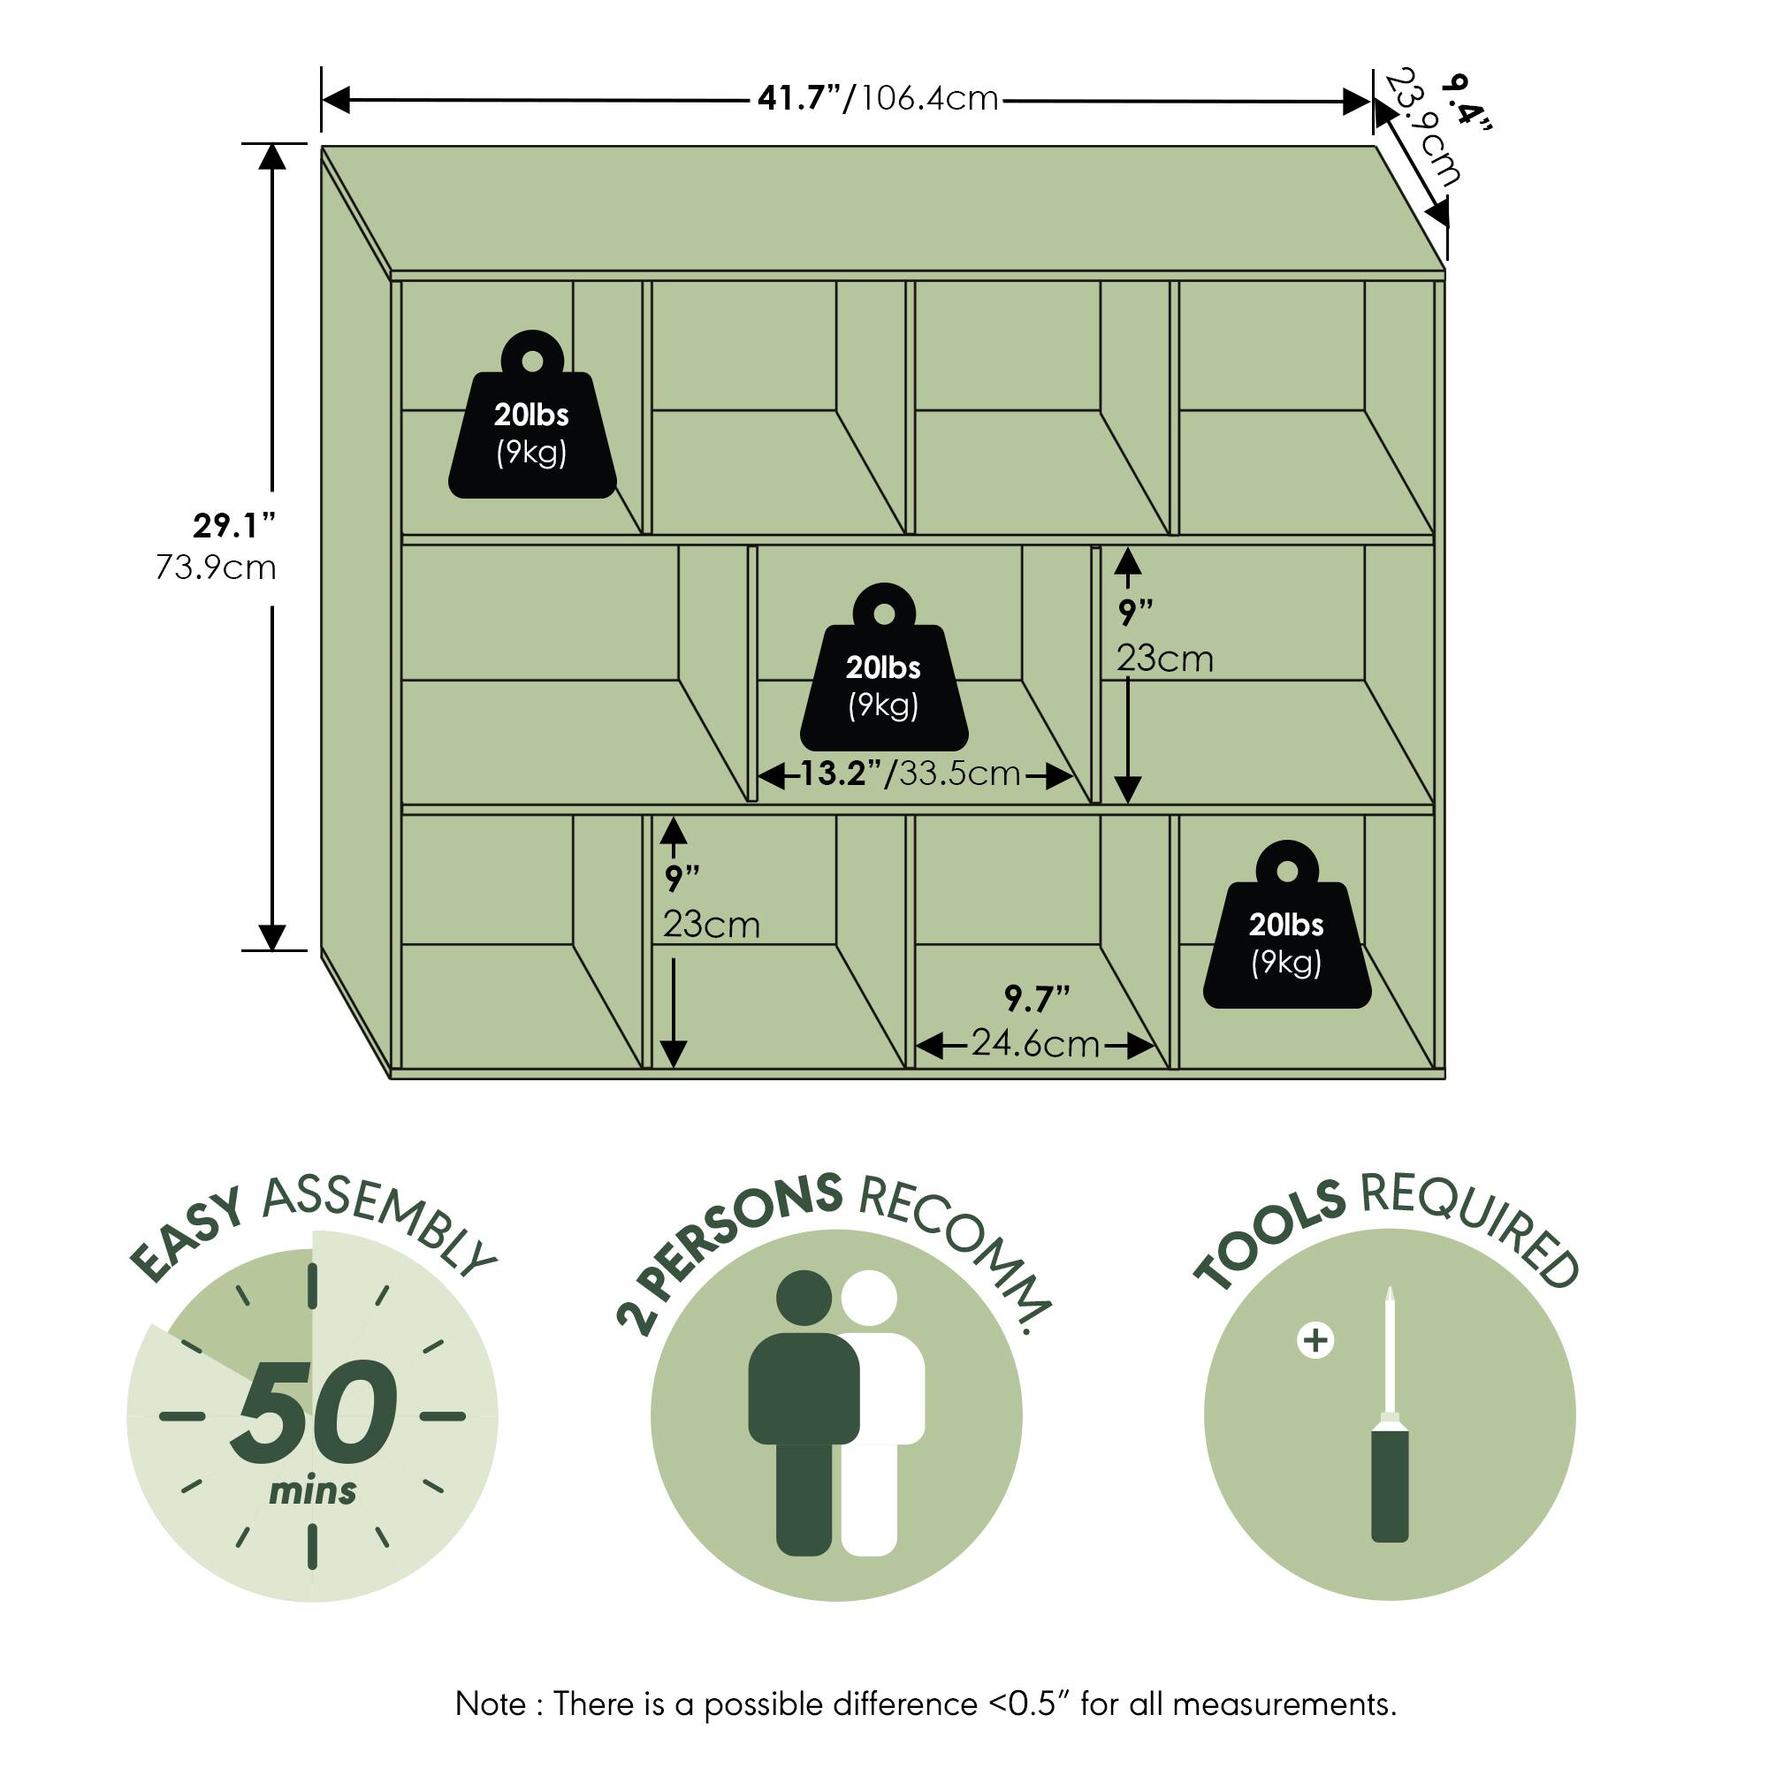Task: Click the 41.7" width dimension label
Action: [x=799, y=98]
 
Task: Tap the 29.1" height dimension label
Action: [x=234, y=526]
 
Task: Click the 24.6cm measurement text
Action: [x=1035, y=1043]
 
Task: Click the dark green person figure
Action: [x=804, y=1409]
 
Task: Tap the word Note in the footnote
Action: [x=491, y=1704]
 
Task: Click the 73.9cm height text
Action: [x=216, y=568]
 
